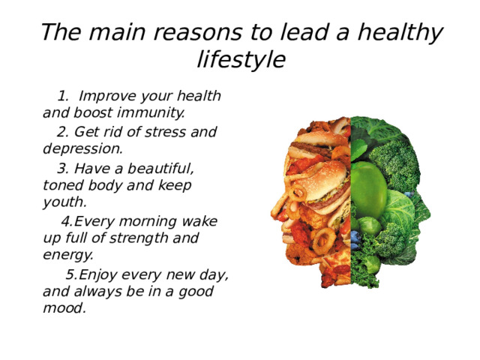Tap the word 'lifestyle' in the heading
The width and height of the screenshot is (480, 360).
pos(241,59)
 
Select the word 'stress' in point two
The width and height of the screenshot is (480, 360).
pos(165,132)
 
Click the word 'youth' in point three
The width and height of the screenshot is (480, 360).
pos(65,202)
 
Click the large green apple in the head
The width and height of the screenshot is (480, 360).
pos(368,187)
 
